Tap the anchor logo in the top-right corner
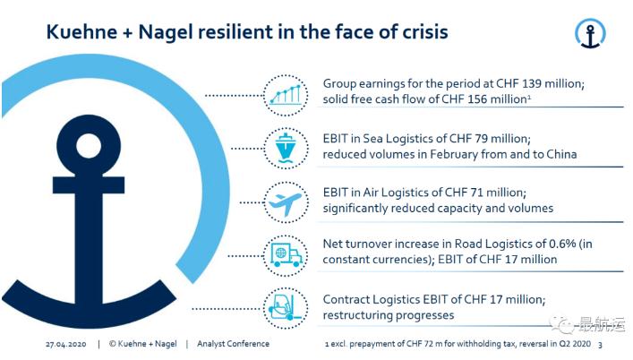pyautogui.click(x=590, y=33)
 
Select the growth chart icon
pyautogui.click(x=285, y=91)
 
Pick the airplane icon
pyautogui.click(x=285, y=200)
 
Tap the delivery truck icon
pyautogui.click(x=285, y=252)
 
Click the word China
pyautogui.click(x=557, y=154)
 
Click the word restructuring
pyautogui.click(x=361, y=315)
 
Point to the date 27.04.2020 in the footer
pyautogui.click(x=66, y=344)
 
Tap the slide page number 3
pyautogui.click(x=599, y=344)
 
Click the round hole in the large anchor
pyautogui.click(x=87, y=144)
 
